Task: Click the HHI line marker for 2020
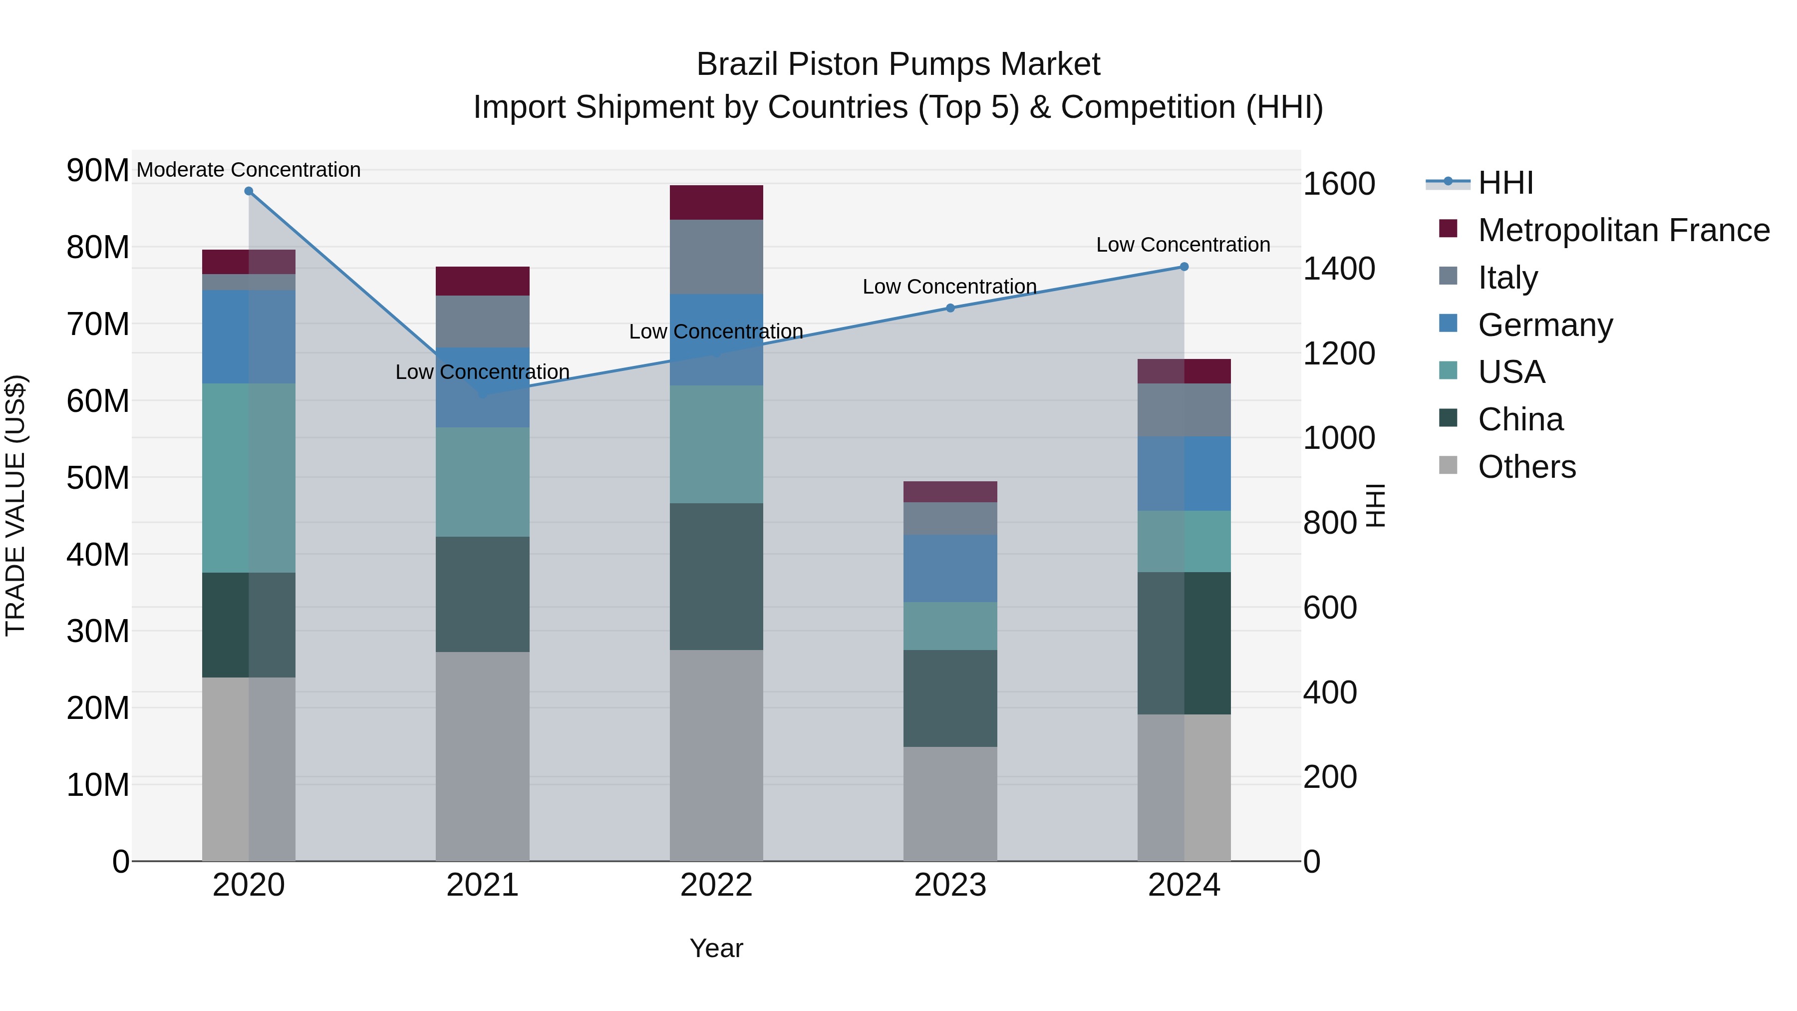click(x=249, y=191)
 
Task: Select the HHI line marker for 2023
click(x=950, y=308)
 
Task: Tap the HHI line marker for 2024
click(x=1184, y=267)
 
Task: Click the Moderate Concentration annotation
click(x=249, y=170)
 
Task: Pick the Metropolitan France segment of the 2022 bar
click(x=716, y=202)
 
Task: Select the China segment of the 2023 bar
click(x=950, y=698)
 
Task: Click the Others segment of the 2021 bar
click(x=482, y=756)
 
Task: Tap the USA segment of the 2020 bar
click(x=249, y=478)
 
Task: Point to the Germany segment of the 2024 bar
click(x=1184, y=474)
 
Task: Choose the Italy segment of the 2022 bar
click(x=716, y=257)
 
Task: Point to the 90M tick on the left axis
click(x=98, y=170)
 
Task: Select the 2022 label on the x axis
click(x=716, y=885)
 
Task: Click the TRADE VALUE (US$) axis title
click(x=15, y=505)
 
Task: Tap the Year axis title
click(x=716, y=948)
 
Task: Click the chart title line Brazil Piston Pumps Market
click(x=898, y=64)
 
